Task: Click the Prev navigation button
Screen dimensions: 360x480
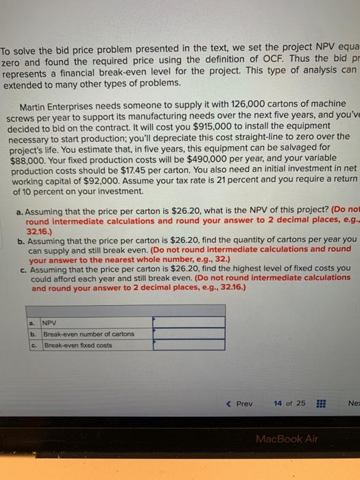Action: (x=240, y=403)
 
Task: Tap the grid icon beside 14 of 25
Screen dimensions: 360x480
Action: (x=320, y=403)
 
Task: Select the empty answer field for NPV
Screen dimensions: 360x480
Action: (x=189, y=321)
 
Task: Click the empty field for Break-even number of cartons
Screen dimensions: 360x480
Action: (x=189, y=333)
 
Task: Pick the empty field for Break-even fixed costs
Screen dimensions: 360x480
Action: (x=189, y=345)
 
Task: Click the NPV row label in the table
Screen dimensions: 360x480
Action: (x=50, y=322)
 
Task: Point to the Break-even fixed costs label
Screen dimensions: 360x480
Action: (x=77, y=345)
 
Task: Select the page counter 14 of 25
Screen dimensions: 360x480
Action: (x=289, y=403)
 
